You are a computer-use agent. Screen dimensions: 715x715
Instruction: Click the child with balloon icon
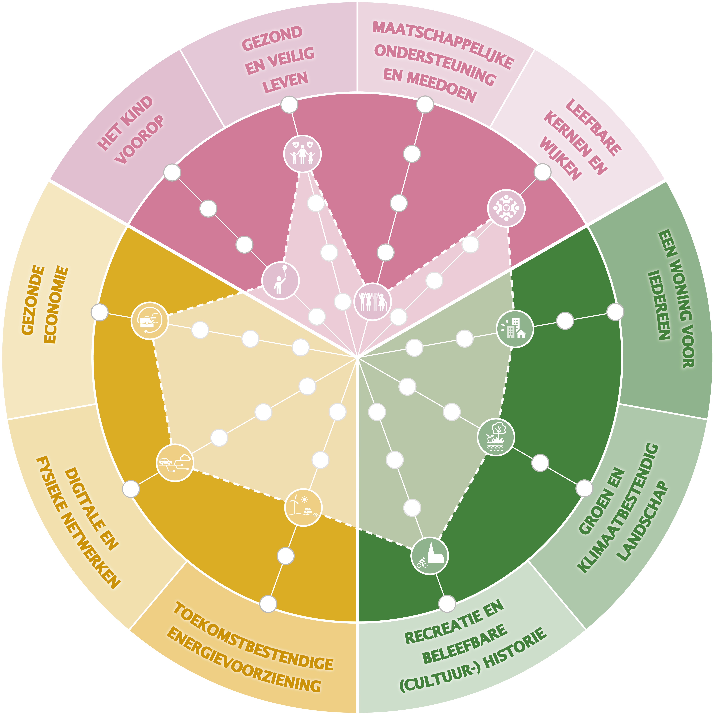tap(280, 280)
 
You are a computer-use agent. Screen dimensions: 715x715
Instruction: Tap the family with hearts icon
tap(302, 154)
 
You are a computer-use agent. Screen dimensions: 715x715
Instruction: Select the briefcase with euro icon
tap(150, 321)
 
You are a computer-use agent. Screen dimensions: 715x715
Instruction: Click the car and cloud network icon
tap(175, 463)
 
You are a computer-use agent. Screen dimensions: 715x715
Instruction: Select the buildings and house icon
tap(515, 329)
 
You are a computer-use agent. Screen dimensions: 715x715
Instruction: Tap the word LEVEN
tap(285, 82)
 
